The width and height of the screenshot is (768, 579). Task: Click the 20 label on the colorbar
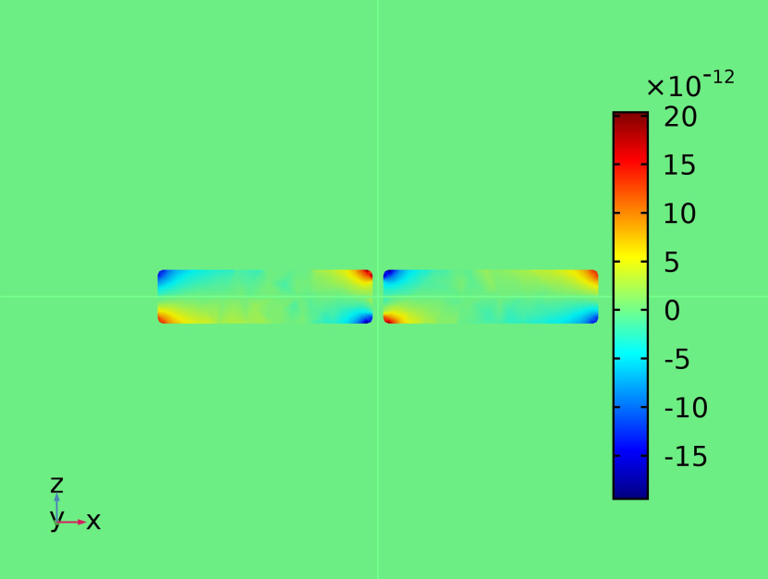click(x=680, y=117)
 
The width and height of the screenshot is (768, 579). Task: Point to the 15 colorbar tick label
click(x=679, y=166)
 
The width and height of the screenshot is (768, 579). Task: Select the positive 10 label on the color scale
click(x=680, y=214)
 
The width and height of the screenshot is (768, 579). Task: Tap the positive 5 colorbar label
click(x=672, y=263)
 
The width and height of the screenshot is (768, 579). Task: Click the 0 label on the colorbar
click(x=672, y=311)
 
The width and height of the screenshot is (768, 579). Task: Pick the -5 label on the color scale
click(x=677, y=359)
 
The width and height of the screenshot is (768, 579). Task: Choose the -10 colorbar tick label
click(x=686, y=407)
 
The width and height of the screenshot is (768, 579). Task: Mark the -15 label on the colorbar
click(x=686, y=456)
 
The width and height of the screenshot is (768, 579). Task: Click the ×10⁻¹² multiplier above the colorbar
click(x=690, y=84)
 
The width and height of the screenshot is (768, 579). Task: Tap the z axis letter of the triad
click(x=56, y=485)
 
